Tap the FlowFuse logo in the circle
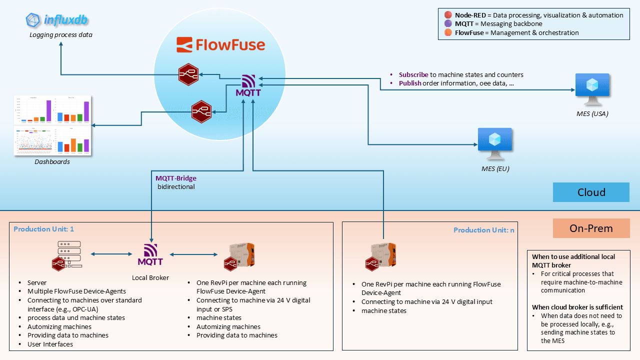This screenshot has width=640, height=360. [220, 45]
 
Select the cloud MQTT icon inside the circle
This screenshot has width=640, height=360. [248, 85]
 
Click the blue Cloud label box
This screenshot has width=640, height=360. [591, 192]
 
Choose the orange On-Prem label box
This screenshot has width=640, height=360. [591, 228]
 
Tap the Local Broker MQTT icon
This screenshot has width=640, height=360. [150, 254]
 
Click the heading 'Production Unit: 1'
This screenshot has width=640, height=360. [44, 229]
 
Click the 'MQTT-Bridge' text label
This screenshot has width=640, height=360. [176, 178]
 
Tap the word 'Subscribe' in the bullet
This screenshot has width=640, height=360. [413, 75]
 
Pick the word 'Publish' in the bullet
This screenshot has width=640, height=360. [410, 83]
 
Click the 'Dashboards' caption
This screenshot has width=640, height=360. [52, 162]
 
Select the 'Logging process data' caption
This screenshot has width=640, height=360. [61, 35]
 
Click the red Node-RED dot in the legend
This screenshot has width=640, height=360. [448, 15]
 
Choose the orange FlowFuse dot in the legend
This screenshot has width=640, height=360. [448, 33]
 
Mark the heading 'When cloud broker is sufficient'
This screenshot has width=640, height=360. [577, 307]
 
